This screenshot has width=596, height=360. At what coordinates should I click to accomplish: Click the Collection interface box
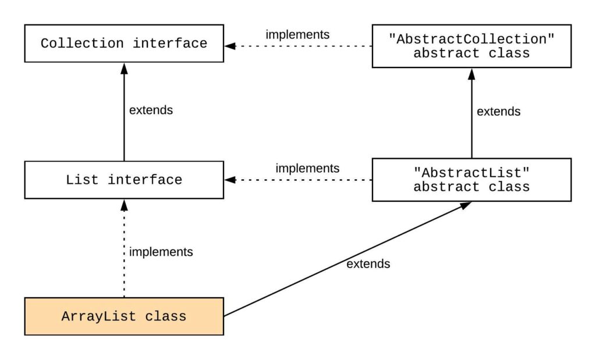[123, 44]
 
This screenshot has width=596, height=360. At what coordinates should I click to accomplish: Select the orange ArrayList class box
[123, 316]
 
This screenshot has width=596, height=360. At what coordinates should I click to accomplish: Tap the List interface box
[123, 180]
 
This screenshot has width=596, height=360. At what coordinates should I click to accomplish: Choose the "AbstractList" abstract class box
[471, 180]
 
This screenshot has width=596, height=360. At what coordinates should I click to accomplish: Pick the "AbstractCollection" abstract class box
[471, 46]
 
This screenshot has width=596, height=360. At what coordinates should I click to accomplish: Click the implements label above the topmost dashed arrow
[297, 34]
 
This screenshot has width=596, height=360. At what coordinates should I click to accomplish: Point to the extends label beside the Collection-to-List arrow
[151, 110]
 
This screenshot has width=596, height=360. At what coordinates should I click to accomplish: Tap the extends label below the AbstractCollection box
[498, 111]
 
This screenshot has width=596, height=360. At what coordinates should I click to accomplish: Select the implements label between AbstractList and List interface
[307, 169]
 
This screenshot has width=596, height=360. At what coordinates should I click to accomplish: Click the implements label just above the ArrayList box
[161, 252]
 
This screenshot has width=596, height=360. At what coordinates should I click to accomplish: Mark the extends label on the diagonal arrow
[368, 264]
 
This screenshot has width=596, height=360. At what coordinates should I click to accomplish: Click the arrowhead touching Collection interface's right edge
[230, 44]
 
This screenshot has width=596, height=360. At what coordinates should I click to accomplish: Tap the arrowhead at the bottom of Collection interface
[124, 67]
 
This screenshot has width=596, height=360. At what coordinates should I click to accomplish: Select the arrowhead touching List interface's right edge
[230, 180]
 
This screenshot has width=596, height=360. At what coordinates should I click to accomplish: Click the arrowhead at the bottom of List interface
[124, 204]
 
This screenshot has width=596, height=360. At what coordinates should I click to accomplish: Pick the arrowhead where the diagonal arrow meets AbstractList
[466, 205]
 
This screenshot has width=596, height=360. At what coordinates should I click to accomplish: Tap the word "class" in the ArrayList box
[166, 317]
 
